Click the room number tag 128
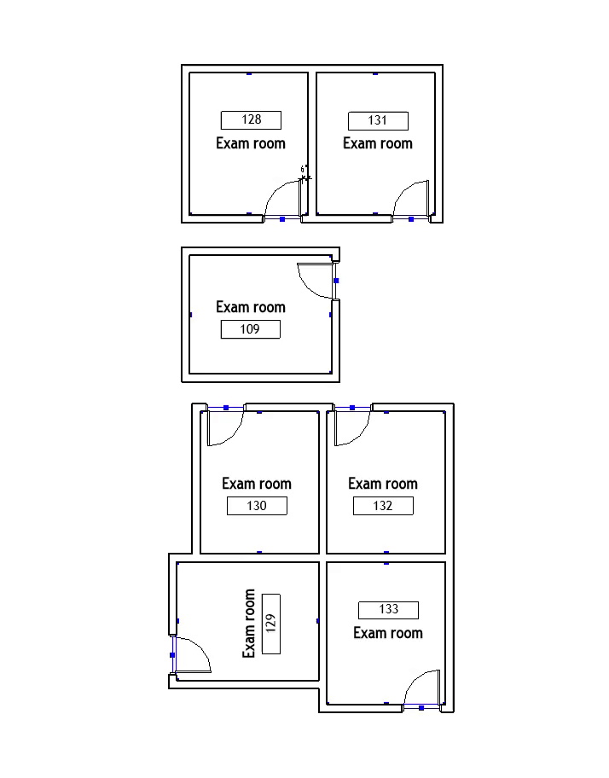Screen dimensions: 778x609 coord(251,120)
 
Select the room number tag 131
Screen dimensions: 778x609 coord(378,121)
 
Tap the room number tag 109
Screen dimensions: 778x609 coord(250,329)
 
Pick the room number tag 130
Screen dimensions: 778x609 coord(257,506)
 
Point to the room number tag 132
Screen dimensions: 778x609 coord(383,506)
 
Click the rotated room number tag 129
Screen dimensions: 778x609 coord(271,623)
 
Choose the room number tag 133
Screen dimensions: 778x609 coord(388,610)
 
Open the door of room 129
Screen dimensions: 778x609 coord(193,655)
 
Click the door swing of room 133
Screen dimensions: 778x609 coord(423,688)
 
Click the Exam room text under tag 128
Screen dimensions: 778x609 coord(251,143)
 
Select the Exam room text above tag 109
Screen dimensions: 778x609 coord(251,307)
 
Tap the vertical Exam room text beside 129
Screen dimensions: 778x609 coord(249,623)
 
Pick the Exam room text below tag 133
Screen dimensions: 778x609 coord(388,633)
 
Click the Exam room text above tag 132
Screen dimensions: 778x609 coord(383,484)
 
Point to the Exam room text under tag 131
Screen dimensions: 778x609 coord(378,143)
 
